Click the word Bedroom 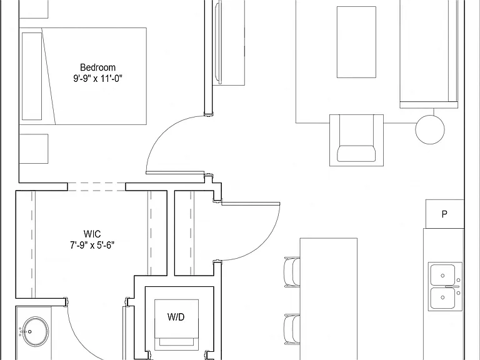[97, 67]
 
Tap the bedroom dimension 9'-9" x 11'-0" [97, 79]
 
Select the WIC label [92, 234]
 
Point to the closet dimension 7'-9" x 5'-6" [92, 245]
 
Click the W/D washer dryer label [176, 317]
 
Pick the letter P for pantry [444, 214]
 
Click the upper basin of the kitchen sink [442, 275]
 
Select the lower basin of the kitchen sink [442, 298]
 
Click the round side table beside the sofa [430, 129]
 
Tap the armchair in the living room [356, 140]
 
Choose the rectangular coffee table [356, 42]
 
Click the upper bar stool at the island [292, 272]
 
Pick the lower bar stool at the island [292, 329]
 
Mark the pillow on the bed [32, 76]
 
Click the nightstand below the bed [34, 149]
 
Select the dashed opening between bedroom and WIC [96, 187]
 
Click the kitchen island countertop [329, 299]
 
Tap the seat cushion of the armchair [356, 154]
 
